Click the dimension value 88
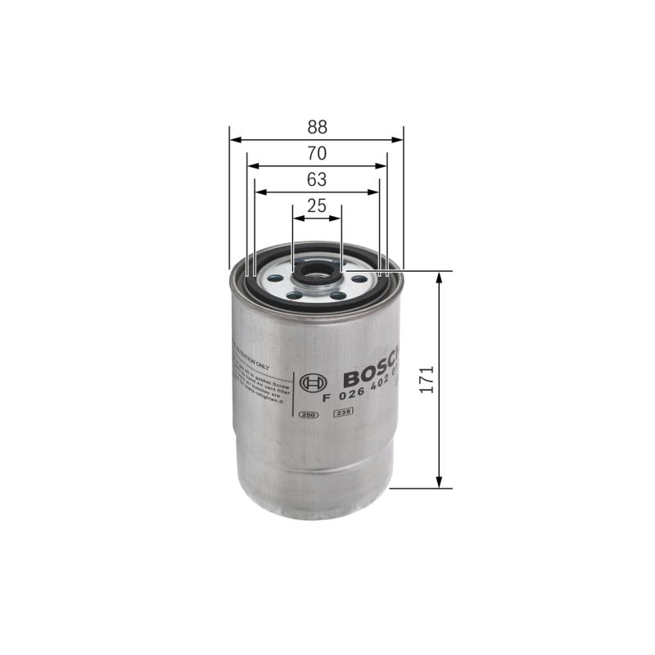[x=318, y=127]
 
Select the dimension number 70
[x=318, y=152]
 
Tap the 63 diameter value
[x=318, y=179]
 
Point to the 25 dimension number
[x=317, y=206]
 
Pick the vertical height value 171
[x=426, y=379]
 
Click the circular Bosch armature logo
[x=312, y=382]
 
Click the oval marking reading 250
[x=308, y=416]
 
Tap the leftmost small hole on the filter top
[x=272, y=281]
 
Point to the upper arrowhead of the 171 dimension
[x=440, y=277]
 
